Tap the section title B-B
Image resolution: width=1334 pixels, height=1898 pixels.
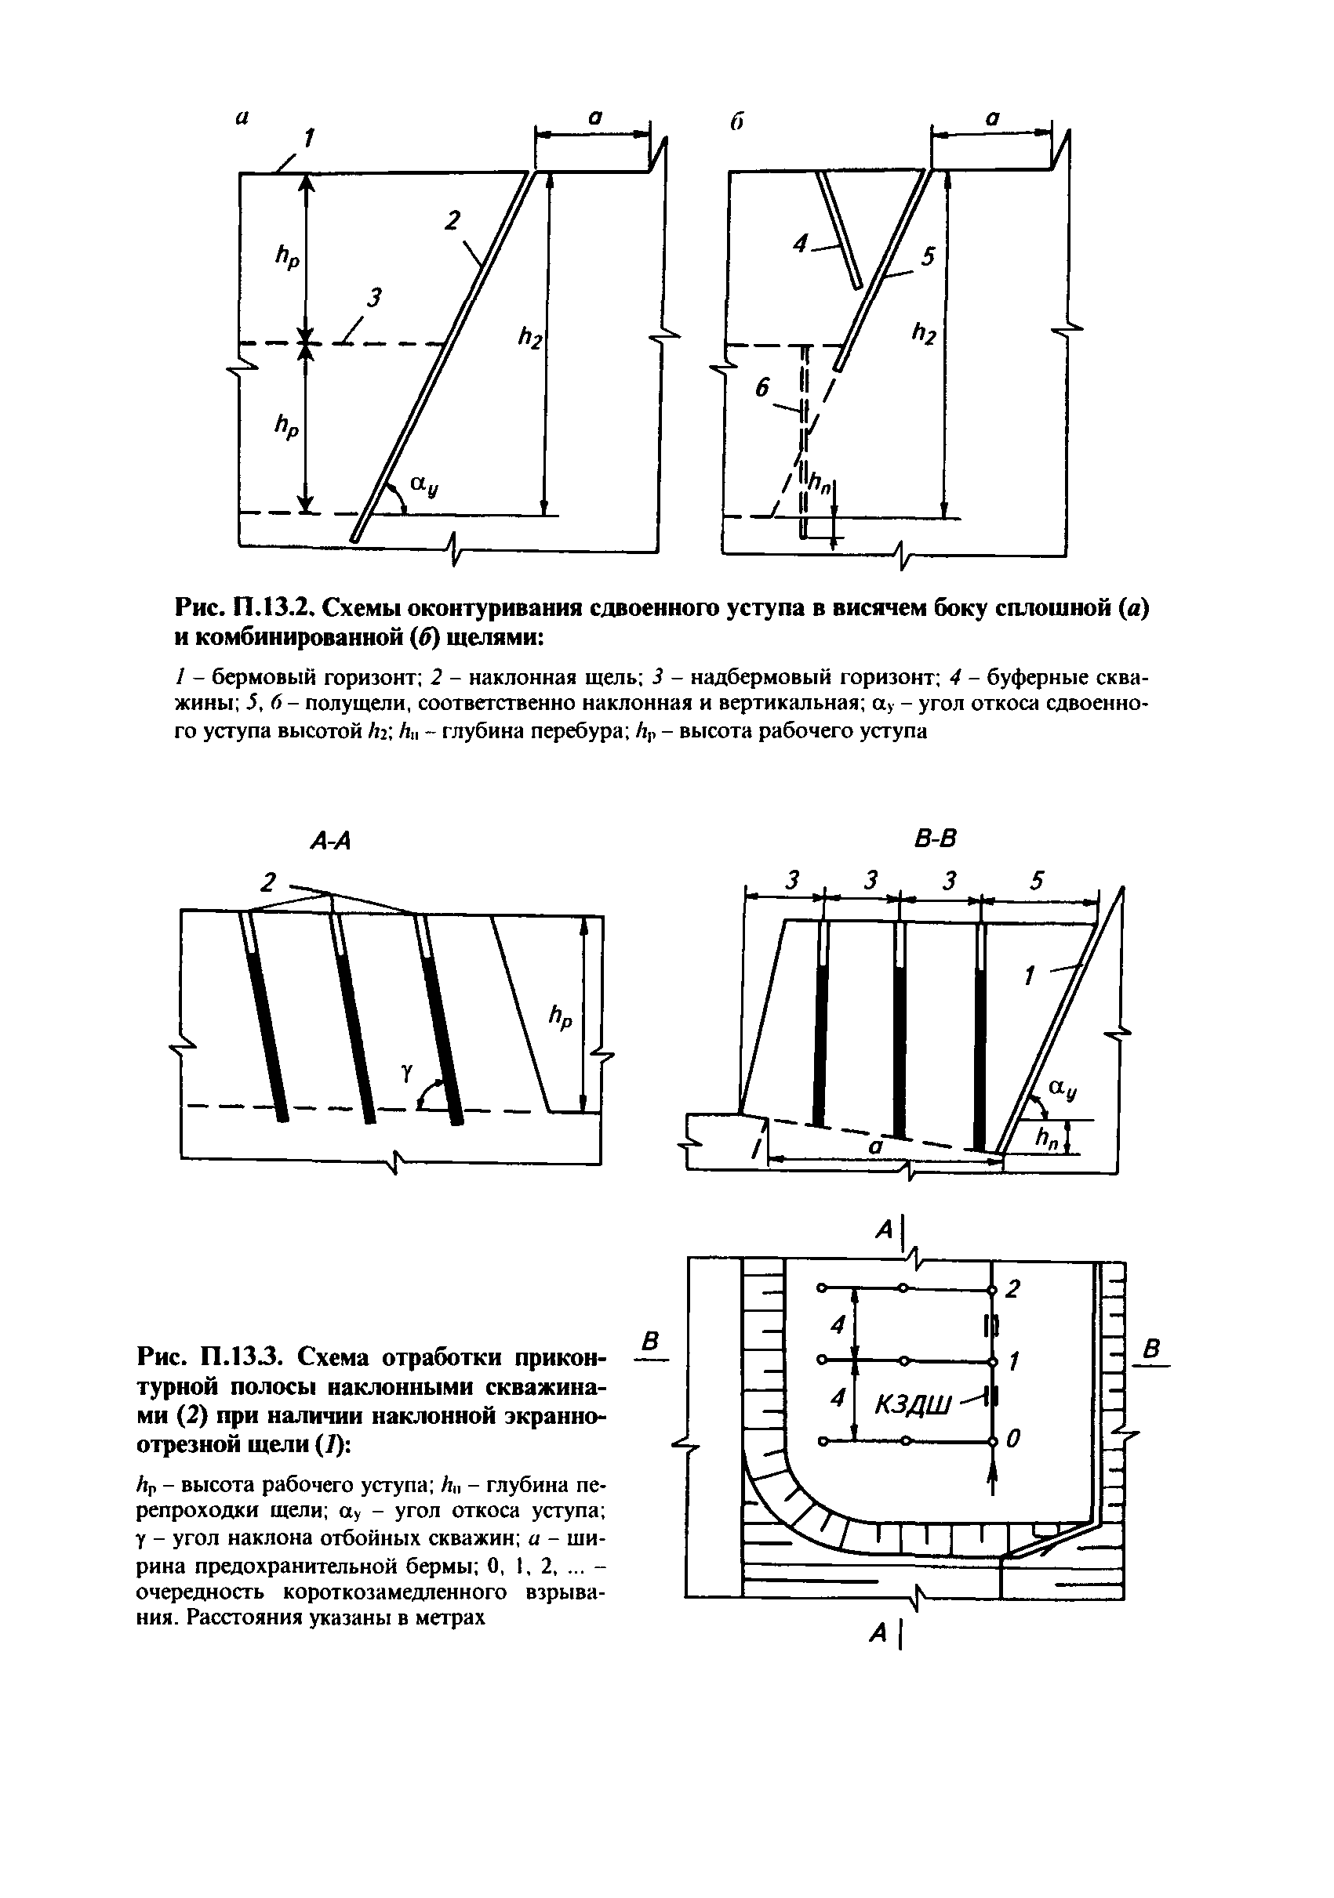coord(935,840)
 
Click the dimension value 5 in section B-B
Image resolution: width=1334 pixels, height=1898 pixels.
coord(1037,882)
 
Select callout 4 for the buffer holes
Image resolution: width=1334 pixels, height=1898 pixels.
coord(800,243)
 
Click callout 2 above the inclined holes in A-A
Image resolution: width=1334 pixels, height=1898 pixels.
coord(267,883)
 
